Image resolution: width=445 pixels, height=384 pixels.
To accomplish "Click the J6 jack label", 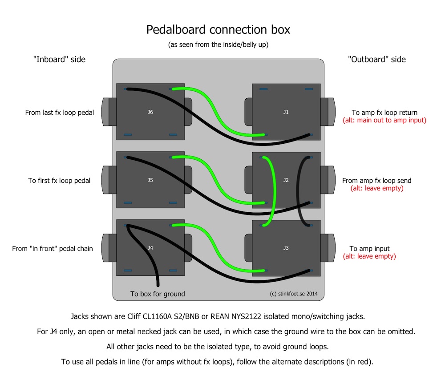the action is click(x=150, y=112).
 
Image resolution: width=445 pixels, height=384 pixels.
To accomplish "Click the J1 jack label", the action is click(x=286, y=112).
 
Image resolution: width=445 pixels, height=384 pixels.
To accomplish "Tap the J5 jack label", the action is click(x=150, y=180).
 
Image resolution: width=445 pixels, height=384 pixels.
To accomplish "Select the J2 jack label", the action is click(x=286, y=180).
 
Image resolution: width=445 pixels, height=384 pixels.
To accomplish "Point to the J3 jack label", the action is click(x=286, y=248).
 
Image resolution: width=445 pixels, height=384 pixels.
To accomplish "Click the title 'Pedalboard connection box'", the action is click(x=218, y=29).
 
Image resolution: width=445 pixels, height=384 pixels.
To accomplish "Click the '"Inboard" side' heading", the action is click(x=59, y=59).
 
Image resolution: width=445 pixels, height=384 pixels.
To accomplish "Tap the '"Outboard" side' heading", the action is click(x=377, y=59).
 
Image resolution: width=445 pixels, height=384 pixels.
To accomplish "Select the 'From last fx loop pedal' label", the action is click(x=59, y=113).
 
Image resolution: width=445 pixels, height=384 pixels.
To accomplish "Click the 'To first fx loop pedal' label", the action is click(x=59, y=181).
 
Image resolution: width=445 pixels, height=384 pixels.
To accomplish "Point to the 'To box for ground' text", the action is click(x=158, y=294).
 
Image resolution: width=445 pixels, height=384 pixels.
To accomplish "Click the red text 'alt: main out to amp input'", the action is click(x=384, y=120).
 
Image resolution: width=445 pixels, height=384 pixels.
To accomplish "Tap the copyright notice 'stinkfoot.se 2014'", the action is click(x=298, y=294).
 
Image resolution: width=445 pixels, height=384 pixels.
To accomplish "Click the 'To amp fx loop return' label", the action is click(x=384, y=113).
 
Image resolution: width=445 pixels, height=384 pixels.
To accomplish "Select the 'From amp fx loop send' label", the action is click(x=376, y=181).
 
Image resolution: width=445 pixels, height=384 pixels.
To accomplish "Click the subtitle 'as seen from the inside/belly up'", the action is click(x=218, y=44).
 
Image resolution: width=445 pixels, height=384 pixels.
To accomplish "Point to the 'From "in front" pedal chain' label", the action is click(x=53, y=249).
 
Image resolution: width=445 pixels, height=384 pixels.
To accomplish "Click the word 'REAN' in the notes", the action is click(x=220, y=316).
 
